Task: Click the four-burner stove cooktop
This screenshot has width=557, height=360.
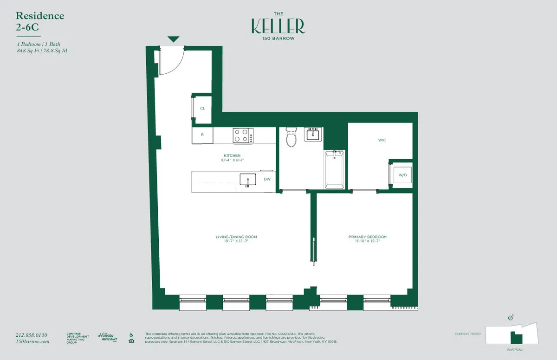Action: pos(243,136)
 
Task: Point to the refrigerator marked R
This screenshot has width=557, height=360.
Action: pos(202,135)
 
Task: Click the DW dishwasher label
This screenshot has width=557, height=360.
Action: pos(267,179)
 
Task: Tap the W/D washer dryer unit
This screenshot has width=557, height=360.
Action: pos(401,175)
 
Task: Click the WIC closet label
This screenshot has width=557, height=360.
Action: pos(382,140)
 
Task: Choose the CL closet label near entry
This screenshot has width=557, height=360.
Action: pos(202,108)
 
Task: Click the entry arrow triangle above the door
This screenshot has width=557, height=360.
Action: pos(173,39)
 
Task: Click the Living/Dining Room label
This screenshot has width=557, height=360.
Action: pos(236,237)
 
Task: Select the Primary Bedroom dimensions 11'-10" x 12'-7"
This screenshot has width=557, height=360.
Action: pos(367,241)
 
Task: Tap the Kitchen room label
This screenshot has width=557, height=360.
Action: pos(233,155)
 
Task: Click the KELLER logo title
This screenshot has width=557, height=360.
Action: pos(278,26)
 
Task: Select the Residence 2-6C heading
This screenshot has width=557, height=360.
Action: pos(39,21)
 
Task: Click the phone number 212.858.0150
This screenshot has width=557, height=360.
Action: pos(32,335)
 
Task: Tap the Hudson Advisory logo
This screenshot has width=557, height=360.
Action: pos(107,337)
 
